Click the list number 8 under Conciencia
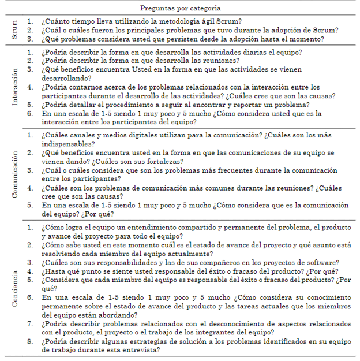pyautogui.click(x=30, y=341)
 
